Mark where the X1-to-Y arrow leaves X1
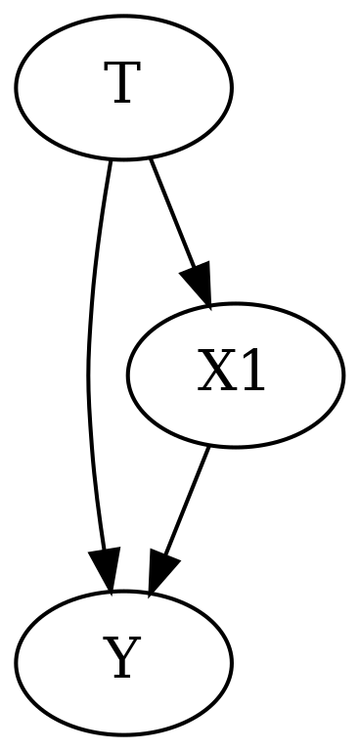pyautogui.click(x=208, y=446)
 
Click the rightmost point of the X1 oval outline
pyautogui.click(x=343, y=375)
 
